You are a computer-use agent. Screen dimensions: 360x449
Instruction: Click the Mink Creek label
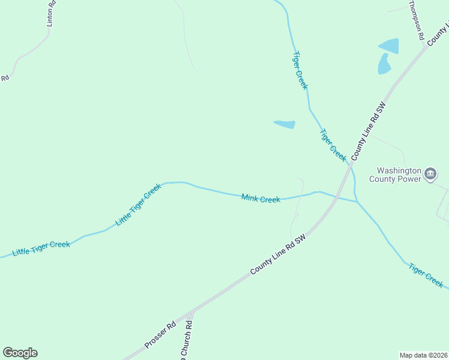click(x=261, y=198)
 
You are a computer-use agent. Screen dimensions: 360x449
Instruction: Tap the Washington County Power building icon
click(x=430, y=174)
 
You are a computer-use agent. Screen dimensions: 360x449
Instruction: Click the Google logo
click(x=20, y=353)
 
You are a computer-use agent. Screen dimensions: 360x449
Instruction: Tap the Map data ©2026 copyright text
click(x=424, y=355)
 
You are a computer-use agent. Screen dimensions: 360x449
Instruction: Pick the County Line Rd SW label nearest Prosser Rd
click(x=279, y=254)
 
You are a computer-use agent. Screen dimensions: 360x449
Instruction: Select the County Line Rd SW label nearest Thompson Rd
click(x=367, y=130)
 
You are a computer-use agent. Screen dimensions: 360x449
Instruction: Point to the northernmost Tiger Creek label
click(x=300, y=70)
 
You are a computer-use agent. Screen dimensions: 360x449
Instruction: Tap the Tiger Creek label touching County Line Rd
click(x=333, y=145)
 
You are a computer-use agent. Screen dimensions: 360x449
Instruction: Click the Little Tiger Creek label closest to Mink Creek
click(x=139, y=205)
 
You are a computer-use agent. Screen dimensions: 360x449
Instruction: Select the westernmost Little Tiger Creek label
click(x=41, y=248)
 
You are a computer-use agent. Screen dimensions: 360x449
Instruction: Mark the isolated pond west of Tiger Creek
click(x=285, y=124)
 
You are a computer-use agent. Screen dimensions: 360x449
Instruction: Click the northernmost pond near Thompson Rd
click(x=388, y=46)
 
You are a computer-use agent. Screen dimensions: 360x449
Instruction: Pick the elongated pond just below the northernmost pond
click(x=384, y=64)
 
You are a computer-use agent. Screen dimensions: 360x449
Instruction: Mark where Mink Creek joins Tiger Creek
click(x=357, y=202)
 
